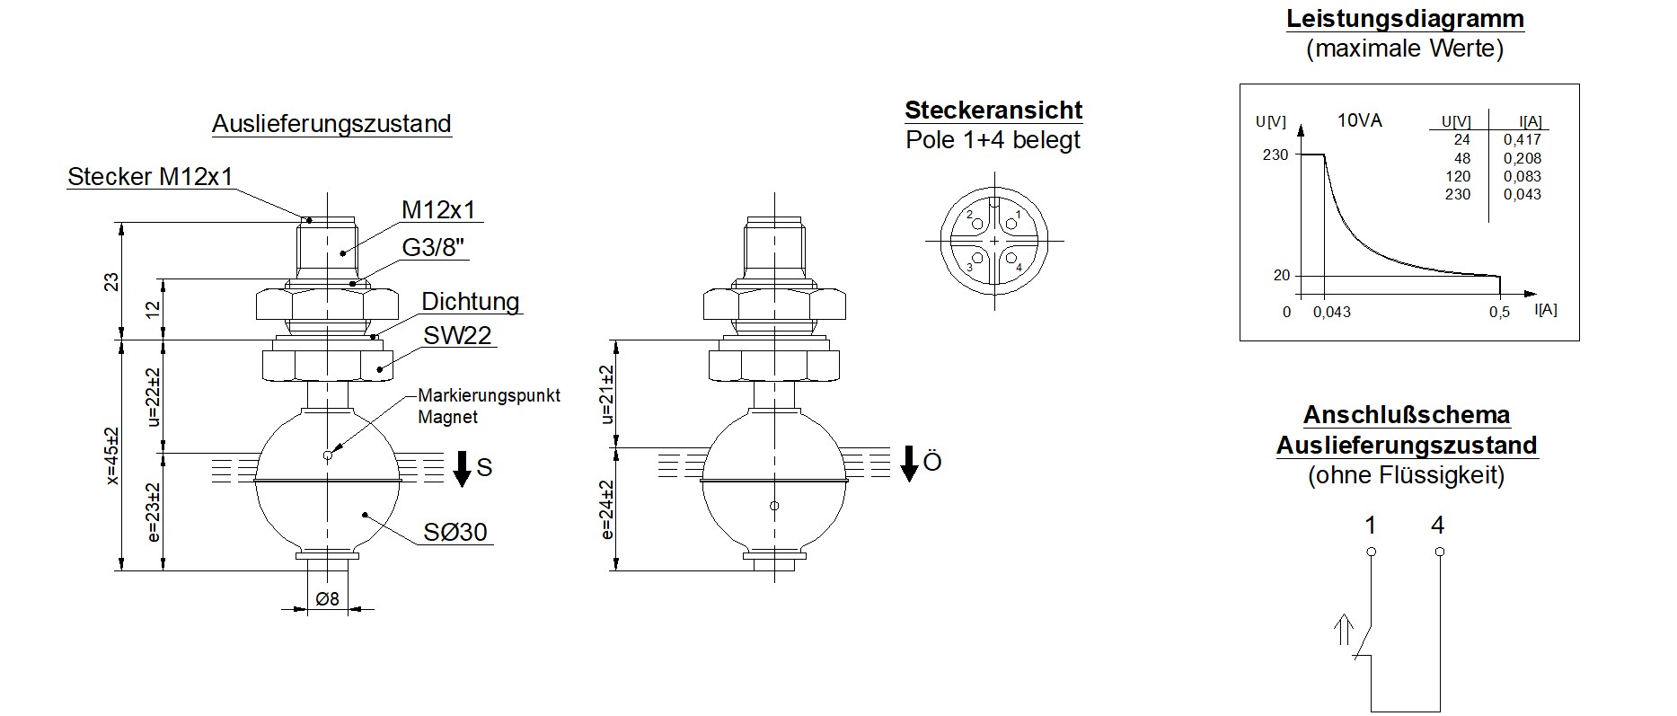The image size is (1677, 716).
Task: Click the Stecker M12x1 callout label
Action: click(x=150, y=176)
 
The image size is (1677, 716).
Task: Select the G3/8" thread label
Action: click(x=434, y=247)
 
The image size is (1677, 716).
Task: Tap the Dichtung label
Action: click(x=471, y=301)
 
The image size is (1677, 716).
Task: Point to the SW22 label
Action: click(x=458, y=335)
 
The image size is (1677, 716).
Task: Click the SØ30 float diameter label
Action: click(x=456, y=532)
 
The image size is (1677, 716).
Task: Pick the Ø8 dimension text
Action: click(x=328, y=598)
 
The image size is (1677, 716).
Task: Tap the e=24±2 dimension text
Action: click(x=607, y=509)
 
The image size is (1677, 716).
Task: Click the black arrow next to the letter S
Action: click(x=462, y=468)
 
